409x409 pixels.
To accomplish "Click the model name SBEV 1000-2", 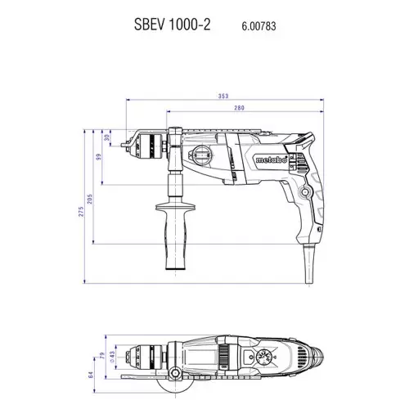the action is tap(172, 25).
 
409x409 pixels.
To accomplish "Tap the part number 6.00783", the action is tap(258, 26).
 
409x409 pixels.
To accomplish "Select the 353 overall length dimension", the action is tap(223, 96).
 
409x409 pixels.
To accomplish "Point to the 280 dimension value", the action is tap(239, 108).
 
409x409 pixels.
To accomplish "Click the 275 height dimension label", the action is tap(81, 212).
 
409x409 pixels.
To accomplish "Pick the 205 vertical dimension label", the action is tap(90, 199).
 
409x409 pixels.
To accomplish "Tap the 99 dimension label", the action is tap(98, 157).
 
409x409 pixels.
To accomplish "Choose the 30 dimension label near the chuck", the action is tap(107, 137).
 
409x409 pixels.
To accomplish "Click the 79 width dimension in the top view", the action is tap(102, 355).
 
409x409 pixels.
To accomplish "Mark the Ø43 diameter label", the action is tap(112, 356).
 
